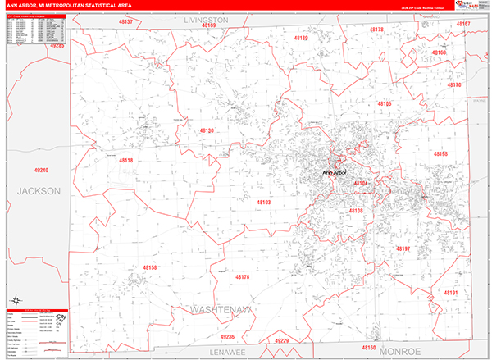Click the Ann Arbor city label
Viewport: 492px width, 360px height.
(x=335, y=173)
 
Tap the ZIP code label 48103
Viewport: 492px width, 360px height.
(x=263, y=202)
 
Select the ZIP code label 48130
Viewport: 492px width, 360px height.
(x=207, y=130)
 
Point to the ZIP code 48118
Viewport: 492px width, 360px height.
(x=125, y=161)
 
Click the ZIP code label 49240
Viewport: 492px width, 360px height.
(x=42, y=170)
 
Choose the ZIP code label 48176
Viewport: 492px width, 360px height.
(x=242, y=278)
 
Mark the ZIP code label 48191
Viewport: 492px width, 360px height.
(x=450, y=293)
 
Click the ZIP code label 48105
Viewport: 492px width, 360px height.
(x=385, y=104)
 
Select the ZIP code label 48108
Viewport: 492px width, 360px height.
(x=356, y=211)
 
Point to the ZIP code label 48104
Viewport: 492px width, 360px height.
(x=362, y=184)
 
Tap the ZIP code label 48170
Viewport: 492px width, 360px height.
(x=453, y=85)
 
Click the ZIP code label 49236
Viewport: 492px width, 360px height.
(x=227, y=337)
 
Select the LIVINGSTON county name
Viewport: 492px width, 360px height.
(x=206, y=18)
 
